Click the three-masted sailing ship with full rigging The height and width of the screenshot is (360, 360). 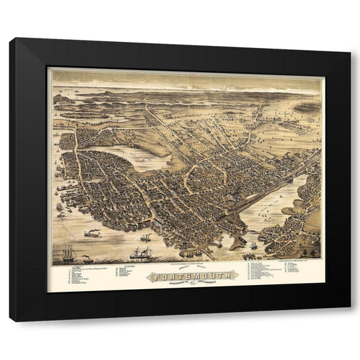(x=69, y=254)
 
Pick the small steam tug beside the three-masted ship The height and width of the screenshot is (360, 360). (x=86, y=258)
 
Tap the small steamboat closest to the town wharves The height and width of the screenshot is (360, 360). (x=145, y=238)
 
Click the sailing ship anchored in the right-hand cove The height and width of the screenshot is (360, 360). (x=253, y=245)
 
